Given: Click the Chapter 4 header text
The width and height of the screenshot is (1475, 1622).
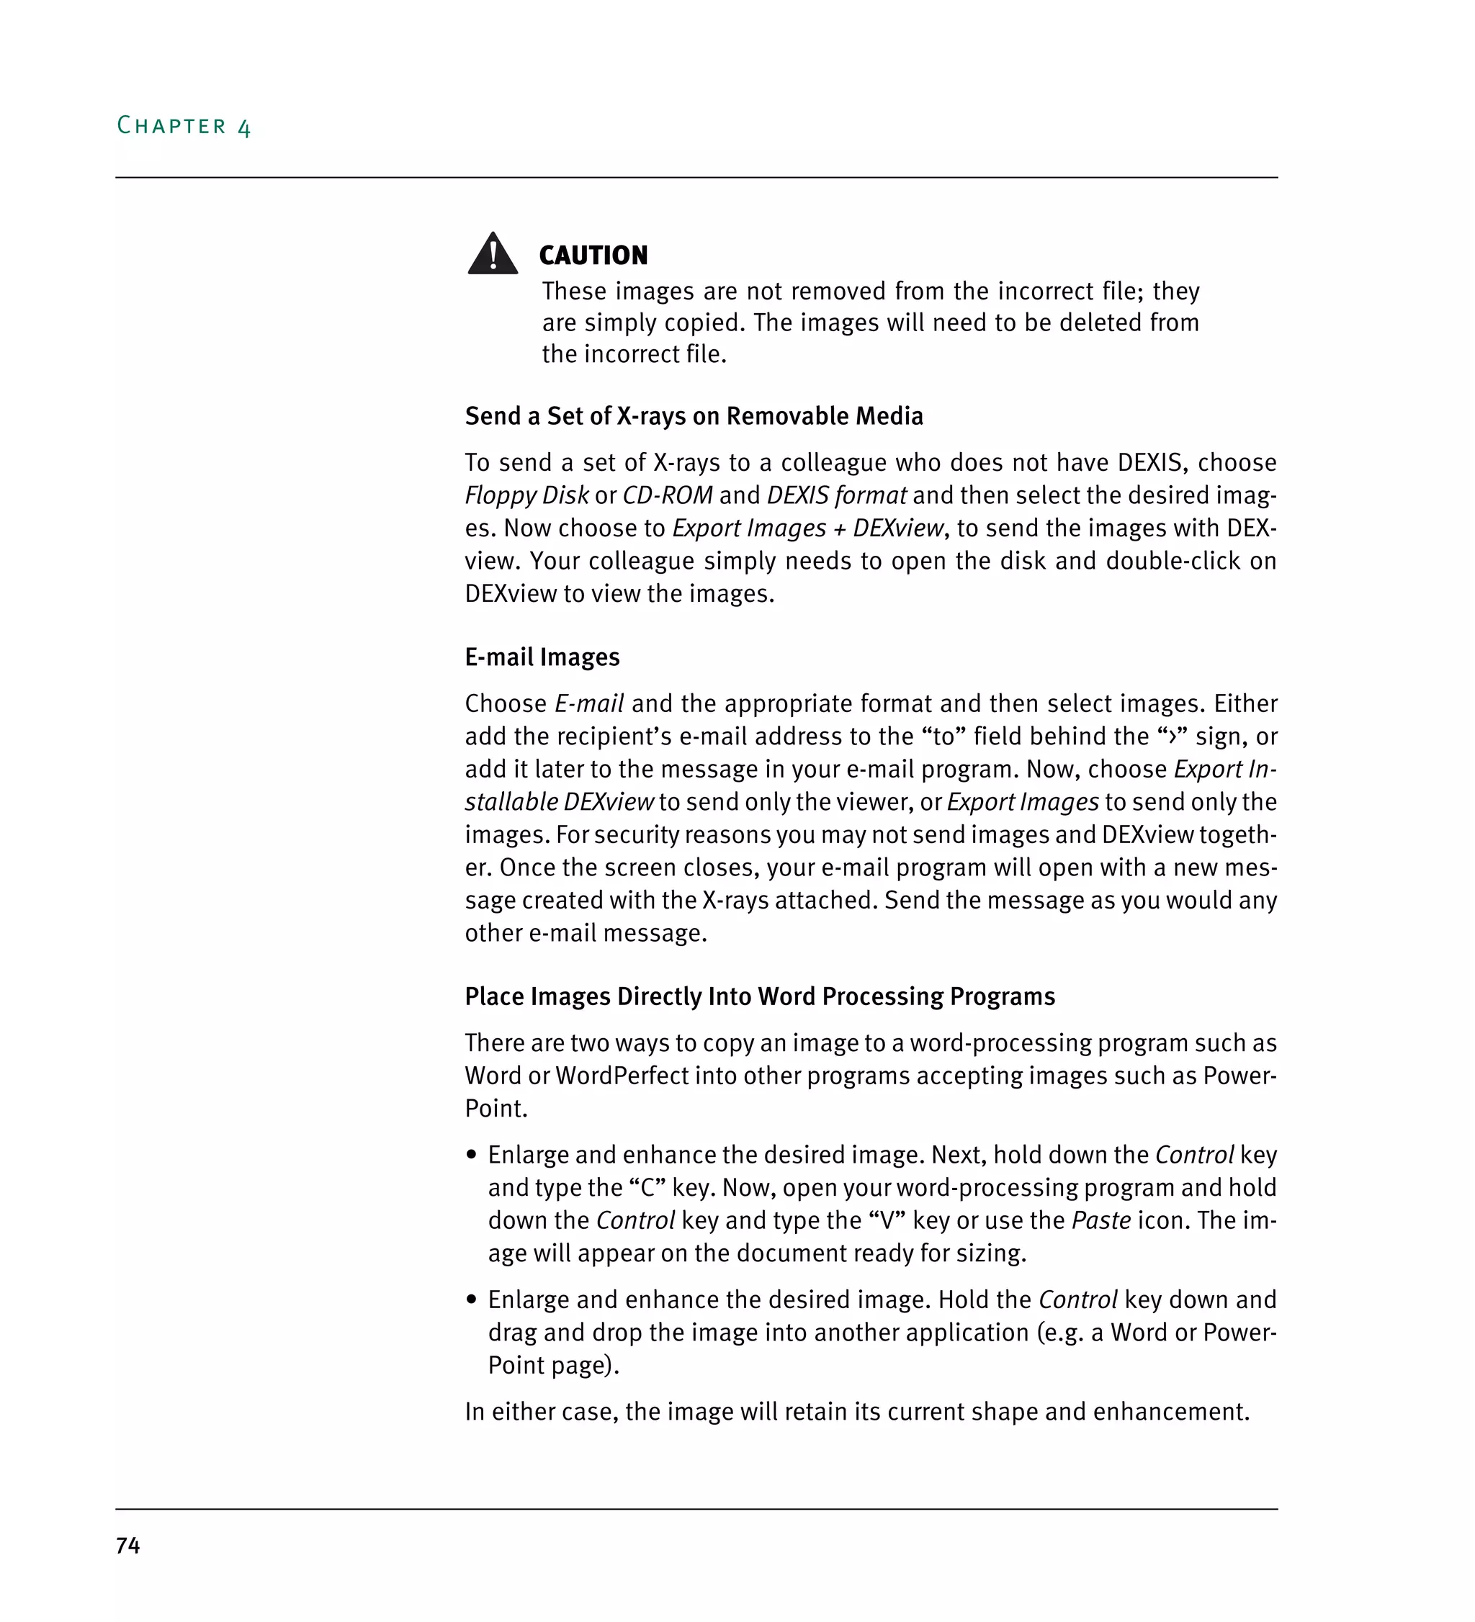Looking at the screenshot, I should [x=184, y=126].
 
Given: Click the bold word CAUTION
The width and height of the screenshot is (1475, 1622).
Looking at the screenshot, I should [x=593, y=256].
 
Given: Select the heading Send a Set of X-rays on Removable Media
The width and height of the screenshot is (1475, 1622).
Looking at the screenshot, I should [x=694, y=416].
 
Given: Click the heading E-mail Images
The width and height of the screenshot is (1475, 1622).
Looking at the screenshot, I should [x=542, y=657].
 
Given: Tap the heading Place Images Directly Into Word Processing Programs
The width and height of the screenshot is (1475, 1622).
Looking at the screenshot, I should [x=760, y=997].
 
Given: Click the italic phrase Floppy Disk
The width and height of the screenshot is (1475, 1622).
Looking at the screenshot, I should [x=526, y=495].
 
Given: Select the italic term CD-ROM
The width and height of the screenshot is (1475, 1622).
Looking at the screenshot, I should [x=667, y=495].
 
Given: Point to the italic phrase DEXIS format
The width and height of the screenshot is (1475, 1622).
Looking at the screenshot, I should [x=836, y=495].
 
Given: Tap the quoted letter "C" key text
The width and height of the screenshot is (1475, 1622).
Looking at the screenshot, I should [x=647, y=1189].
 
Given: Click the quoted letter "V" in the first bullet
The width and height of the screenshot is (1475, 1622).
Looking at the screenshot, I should [x=887, y=1220].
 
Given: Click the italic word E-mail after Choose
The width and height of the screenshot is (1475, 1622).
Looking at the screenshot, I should [x=589, y=704].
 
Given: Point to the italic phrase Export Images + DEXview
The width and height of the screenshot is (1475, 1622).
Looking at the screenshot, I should [x=807, y=528].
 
